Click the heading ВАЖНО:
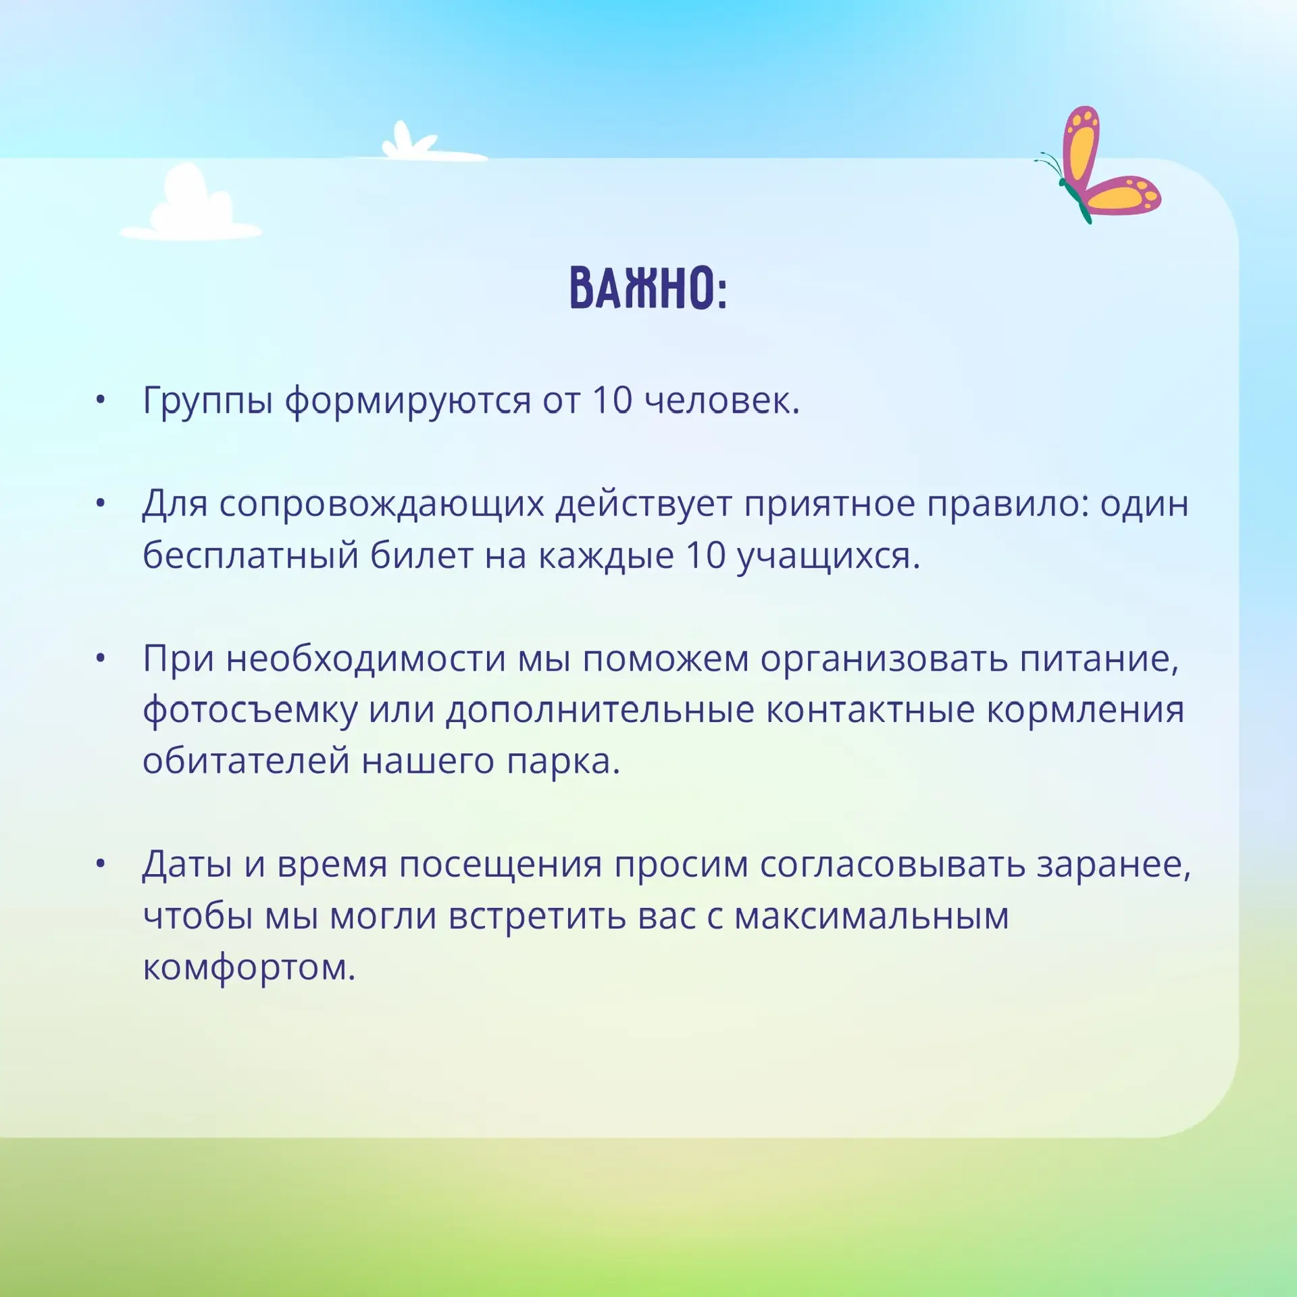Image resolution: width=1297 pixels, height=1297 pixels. tap(648, 288)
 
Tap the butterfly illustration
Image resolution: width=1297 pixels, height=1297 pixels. tap(1098, 165)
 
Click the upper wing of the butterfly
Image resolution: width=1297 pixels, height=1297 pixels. tap(1081, 145)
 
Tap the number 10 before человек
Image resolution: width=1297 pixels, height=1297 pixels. tap(613, 400)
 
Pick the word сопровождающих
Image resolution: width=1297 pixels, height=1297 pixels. tap(382, 505)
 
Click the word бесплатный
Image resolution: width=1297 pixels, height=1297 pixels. tap(251, 555)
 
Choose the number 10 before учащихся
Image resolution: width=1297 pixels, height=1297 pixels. tap(706, 556)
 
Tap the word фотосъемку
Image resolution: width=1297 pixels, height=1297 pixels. tap(250, 711)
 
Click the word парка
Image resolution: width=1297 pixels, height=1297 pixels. tap(563, 762)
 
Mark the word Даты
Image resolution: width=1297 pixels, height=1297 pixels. tap(188, 865)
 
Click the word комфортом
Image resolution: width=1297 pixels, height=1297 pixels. tap(249, 969)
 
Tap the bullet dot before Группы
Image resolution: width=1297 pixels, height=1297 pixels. tap(101, 400)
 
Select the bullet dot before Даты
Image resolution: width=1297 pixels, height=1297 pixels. tap(101, 863)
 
